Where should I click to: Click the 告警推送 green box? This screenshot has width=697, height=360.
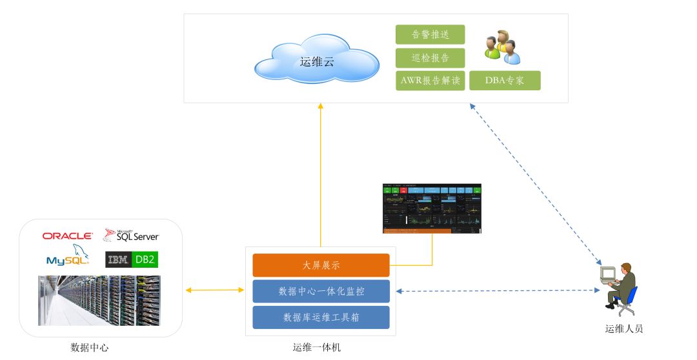430,35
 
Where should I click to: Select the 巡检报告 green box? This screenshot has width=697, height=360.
430,58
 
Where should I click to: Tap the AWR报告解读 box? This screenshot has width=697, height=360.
430,81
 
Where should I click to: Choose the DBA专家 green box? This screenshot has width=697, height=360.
505,81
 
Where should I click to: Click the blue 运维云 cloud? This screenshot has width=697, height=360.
316,62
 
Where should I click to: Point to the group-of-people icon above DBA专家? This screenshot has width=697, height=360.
502,47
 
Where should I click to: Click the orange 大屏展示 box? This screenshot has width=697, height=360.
321,265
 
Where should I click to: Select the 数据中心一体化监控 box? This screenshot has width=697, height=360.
321,291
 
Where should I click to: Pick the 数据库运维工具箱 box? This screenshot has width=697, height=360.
321,317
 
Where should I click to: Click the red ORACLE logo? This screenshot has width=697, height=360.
68,236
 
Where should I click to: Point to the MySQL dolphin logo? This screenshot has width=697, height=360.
68,256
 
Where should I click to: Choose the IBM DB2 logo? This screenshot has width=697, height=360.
132,259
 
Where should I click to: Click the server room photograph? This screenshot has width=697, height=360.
99,300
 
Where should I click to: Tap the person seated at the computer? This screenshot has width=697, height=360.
620,286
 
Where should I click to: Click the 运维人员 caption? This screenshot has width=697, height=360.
624,328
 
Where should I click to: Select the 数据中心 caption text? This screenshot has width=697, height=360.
90,348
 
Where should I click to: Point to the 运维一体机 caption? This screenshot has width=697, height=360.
316,348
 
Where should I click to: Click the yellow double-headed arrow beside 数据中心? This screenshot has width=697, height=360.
215,291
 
